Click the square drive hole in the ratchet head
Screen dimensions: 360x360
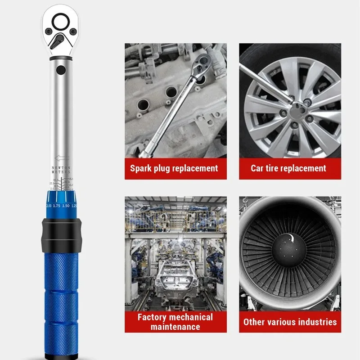pos(60,21)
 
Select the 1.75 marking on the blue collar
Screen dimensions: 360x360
pos(56,205)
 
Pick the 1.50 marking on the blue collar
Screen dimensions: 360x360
pos(66,205)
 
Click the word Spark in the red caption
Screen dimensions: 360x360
pos(141,168)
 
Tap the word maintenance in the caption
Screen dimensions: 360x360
pos(175,326)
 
